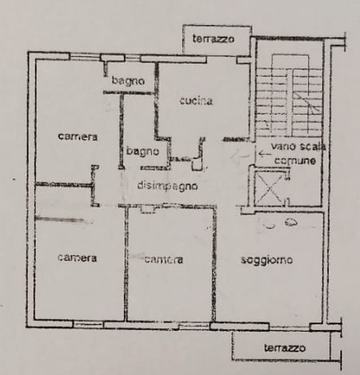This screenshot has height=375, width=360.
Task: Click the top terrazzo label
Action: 213,39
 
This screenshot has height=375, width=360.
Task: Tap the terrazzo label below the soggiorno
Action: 285,348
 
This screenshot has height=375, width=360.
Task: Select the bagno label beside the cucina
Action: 128,81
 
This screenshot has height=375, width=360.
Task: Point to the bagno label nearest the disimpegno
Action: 143,151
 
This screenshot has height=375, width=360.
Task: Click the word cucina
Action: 196,101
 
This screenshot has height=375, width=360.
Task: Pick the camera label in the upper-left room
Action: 77,137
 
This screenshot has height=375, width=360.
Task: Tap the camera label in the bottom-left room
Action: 77,258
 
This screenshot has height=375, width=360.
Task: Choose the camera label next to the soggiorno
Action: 164,260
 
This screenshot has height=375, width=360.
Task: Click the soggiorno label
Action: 267,260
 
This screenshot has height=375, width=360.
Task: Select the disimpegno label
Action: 168,186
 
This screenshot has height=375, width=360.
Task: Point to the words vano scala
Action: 299,146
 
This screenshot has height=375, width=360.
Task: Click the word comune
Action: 295,160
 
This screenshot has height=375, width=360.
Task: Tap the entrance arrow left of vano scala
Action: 264,154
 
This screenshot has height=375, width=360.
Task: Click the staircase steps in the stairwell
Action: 289,103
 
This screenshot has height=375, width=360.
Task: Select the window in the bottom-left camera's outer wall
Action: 88,324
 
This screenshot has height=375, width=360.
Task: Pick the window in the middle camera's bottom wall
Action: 194,325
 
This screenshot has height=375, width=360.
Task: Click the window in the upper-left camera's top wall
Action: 85,56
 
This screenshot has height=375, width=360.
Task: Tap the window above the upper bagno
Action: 132,58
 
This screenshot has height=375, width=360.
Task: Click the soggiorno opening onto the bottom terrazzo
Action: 289,327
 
